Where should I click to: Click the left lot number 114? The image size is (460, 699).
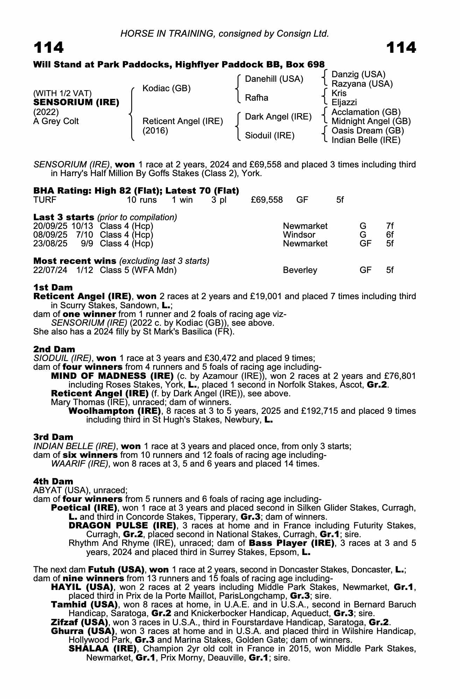coord(49,48)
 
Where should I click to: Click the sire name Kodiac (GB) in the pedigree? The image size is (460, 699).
coord(167,88)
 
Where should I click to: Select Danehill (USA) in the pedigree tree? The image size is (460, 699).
coord(274,79)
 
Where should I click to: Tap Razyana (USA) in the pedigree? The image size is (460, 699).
coord(362,84)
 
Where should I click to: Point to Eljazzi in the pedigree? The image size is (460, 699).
coord(344,102)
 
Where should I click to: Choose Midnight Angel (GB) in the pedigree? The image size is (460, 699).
coord(371,121)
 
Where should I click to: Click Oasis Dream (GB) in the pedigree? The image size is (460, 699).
coord(367,131)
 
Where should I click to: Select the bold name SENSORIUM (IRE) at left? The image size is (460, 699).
coord(76,102)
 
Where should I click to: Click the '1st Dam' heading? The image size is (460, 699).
coord(53,287)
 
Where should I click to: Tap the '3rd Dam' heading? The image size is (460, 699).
coord(53,437)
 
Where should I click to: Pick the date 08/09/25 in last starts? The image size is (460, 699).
coord(50,235)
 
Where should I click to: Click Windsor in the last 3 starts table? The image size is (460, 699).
coord(299,235)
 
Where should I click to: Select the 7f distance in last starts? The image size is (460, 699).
coord(390,226)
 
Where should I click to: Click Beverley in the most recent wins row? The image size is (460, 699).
coord(300,270)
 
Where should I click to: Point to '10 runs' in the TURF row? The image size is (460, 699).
coord(142,200)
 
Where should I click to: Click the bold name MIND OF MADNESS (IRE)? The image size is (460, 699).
coord(112,376)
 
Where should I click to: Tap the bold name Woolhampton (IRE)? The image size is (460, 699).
coord(115,411)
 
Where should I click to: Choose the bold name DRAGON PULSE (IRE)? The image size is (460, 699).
coord(122,526)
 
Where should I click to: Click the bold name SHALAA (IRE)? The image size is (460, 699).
coord(102,649)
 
